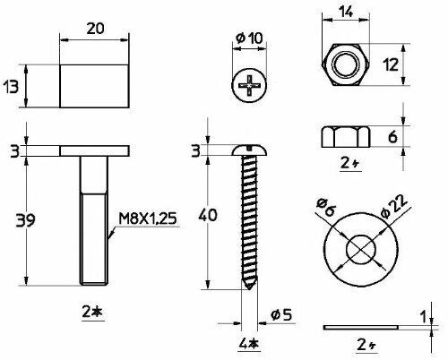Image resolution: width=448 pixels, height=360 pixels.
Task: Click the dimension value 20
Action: [x=95, y=29]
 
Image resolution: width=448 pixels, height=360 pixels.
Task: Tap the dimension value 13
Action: [x=11, y=87]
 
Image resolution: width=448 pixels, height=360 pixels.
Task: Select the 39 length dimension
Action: [x=25, y=220]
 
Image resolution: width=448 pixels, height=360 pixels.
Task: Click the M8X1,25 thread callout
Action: [x=148, y=219]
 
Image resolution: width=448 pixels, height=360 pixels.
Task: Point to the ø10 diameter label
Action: [x=249, y=39]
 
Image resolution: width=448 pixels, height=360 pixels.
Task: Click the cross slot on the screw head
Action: [x=249, y=86]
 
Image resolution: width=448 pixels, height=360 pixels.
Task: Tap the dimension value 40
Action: [x=208, y=215]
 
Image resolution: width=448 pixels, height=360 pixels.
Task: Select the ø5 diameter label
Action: [x=280, y=315]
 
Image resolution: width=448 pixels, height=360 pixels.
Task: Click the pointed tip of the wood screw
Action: [x=249, y=288]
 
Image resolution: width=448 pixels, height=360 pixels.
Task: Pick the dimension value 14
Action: [x=346, y=13]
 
